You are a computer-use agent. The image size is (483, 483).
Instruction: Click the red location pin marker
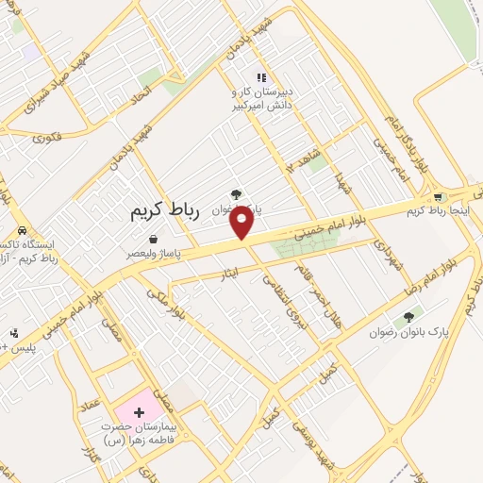pyautogui.click(x=242, y=223)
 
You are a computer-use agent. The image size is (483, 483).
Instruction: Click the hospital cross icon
pyautogui.click(x=139, y=411)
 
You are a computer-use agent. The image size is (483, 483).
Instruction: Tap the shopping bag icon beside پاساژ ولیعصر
pyautogui.click(x=166, y=253)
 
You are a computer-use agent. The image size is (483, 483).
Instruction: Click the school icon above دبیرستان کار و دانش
pyautogui.click(x=260, y=79)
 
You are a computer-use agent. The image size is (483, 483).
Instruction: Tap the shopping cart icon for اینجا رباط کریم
pyautogui.click(x=438, y=197)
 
